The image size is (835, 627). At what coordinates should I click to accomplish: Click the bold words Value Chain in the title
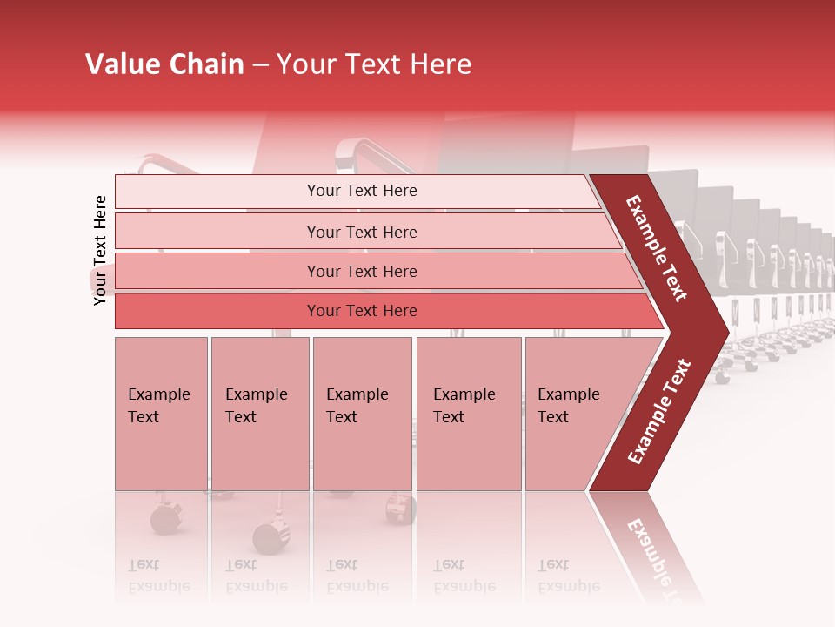click(x=164, y=64)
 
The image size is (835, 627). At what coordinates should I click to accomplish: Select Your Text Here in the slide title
click(x=374, y=64)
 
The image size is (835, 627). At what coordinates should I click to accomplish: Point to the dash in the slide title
click(x=260, y=65)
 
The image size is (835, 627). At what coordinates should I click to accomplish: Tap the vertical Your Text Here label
click(x=101, y=250)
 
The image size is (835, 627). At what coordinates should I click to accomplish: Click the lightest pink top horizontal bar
click(x=362, y=191)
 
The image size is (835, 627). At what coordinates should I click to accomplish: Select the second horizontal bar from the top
click(x=362, y=232)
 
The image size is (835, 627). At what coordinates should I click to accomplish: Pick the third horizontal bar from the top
click(x=362, y=271)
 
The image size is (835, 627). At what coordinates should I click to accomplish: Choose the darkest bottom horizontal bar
click(x=362, y=311)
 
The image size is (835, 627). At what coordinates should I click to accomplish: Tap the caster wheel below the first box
click(x=164, y=519)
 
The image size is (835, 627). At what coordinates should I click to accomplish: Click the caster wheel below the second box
click(x=269, y=537)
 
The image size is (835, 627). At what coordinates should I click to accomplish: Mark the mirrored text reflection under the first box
click(x=159, y=575)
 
